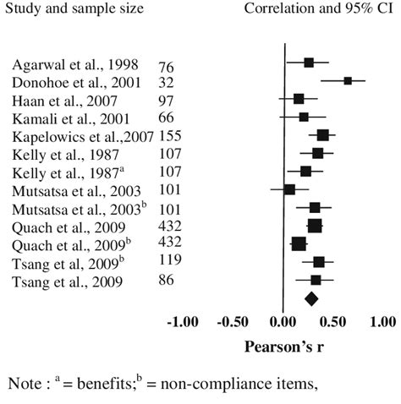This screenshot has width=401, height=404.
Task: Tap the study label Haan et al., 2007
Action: tap(59, 98)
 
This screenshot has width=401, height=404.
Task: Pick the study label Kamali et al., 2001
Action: tap(63, 113)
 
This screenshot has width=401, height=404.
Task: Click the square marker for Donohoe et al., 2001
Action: tap(348, 80)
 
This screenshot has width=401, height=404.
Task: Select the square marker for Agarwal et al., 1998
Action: tap(309, 63)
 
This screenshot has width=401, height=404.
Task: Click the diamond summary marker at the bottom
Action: tap(311, 298)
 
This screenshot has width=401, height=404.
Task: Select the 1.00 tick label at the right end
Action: tap(382, 323)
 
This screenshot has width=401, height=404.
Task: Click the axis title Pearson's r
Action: tap(281, 347)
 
